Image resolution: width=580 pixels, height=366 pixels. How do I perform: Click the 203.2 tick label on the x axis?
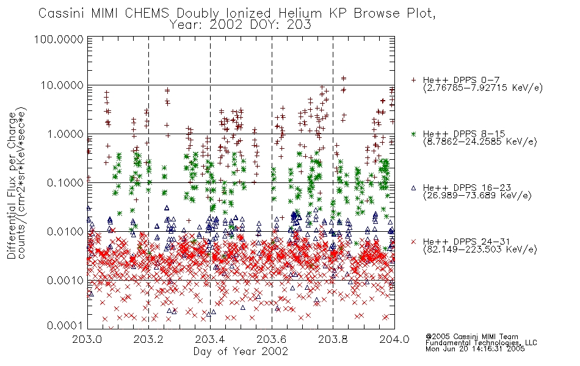click(x=148, y=339)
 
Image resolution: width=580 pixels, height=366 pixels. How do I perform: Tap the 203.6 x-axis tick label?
click(x=272, y=339)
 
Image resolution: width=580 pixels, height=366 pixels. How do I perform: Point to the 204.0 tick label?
click(x=394, y=339)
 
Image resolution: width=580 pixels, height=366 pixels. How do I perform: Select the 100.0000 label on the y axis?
click(x=59, y=39)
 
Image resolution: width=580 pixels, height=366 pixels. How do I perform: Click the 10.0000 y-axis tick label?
click(x=62, y=85)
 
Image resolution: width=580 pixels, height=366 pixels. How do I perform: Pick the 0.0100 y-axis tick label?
click(x=65, y=232)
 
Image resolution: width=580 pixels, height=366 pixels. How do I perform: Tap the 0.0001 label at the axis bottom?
click(x=65, y=325)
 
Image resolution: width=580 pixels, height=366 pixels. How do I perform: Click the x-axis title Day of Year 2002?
click(x=241, y=351)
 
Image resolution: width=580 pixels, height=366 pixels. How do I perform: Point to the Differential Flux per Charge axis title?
click(x=12, y=185)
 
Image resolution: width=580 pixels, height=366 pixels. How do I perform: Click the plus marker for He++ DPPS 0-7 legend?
click(x=413, y=80)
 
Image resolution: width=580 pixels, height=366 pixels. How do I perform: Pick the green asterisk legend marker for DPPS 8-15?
click(x=413, y=134)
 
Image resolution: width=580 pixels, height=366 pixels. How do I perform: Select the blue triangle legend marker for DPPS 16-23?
click(x=413, y=188)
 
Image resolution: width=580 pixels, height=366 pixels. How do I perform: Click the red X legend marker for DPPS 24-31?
click(x=413, y=242)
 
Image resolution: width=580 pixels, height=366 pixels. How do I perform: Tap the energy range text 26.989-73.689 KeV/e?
click(x=477, y=195)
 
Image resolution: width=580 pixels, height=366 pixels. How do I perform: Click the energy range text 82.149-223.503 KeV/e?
click(x=480, y=249)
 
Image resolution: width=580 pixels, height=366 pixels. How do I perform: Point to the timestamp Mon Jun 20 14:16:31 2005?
click(x=475, y=349)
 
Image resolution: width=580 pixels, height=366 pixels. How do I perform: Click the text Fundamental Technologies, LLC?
click(x=481, y=343)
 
